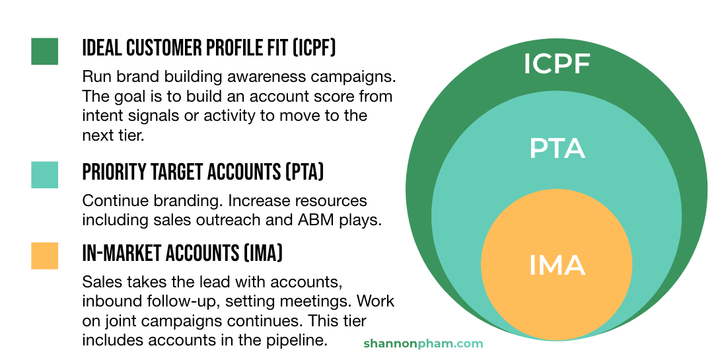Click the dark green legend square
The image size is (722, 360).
tap(44, 52)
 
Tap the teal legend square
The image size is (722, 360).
tap(44, 174)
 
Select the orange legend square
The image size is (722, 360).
tap(44, 256)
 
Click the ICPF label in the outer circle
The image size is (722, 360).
tap(556, 64)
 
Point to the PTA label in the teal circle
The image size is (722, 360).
tap(557, 149)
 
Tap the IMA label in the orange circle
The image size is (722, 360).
tap(557, 265)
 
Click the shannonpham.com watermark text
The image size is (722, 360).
tap(423, 343)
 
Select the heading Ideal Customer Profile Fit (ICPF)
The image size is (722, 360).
tap(209, 48)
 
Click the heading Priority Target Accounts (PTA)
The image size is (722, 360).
tap(203, 172)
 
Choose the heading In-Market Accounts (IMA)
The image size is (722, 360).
tap(182, 253)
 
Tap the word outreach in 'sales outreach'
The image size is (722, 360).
tap(242, 221)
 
